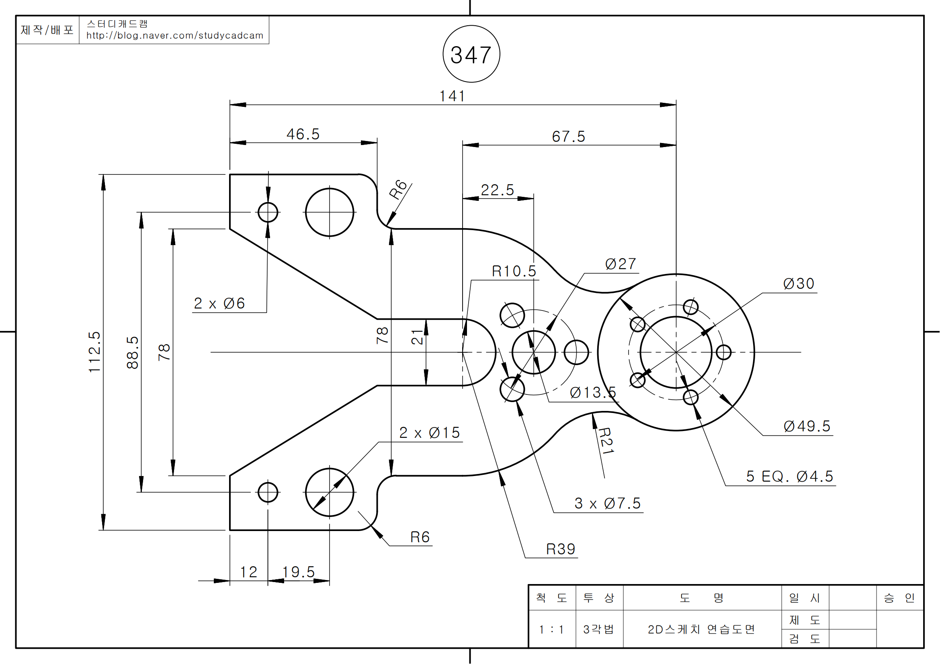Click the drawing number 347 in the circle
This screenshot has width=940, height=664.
pos(471,55)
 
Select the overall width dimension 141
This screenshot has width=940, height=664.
pos(452,96)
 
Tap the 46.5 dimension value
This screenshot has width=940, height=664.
pos(303,134)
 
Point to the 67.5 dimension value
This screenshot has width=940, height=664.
pos(568,136)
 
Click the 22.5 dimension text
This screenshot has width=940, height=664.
pos(498,190)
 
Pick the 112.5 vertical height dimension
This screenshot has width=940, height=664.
pos(94,352)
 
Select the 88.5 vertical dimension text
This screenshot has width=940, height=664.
pos(133,353)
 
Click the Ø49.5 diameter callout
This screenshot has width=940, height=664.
pos(807,426)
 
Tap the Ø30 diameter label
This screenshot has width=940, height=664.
pos(799,284)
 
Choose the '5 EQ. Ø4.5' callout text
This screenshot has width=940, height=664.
pos(789,476)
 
